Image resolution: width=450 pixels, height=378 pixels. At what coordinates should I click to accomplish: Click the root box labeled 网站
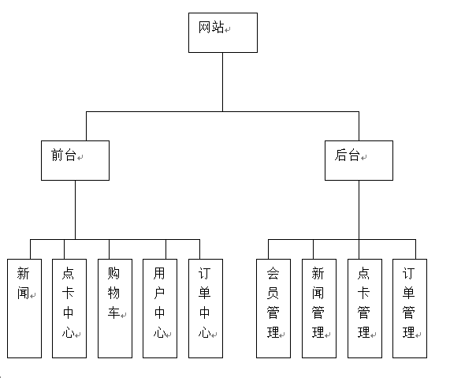(223, 32)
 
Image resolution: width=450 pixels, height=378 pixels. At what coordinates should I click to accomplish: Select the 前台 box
(75, 160)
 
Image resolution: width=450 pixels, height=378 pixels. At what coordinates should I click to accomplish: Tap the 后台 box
(359, 160)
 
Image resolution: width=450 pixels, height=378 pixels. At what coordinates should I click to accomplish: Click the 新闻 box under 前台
(24, 309)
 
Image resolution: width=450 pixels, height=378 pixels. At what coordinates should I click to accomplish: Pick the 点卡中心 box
(69, 309)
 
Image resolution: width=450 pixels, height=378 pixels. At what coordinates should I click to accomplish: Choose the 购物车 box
(115, 309)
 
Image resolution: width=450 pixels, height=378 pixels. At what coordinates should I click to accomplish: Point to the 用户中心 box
(160, 309)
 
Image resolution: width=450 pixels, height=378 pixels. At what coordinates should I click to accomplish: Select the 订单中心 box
(206, 309)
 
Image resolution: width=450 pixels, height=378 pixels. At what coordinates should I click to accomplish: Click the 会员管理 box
(273, 309)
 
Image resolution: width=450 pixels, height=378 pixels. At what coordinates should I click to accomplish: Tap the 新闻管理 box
(319, 309)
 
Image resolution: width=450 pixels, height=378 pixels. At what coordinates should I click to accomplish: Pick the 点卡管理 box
(364, 309)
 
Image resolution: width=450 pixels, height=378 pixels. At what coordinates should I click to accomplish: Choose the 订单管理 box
(410, 309)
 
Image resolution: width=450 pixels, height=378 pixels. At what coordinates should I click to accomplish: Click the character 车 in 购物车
(113, 313)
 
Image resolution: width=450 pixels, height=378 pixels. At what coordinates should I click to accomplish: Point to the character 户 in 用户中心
(159, 294)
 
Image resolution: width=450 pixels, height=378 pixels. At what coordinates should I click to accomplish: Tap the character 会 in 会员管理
(273, 273)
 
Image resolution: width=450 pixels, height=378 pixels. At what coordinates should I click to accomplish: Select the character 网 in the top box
(205, 28)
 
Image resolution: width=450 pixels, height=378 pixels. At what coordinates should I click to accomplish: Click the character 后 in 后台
(340, 155)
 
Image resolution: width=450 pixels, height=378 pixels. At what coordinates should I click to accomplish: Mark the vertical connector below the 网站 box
(223, 82)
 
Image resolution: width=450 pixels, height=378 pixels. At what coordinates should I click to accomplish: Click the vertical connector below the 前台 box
(75, 210)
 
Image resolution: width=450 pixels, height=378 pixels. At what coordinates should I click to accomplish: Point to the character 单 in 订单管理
(408, 294)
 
